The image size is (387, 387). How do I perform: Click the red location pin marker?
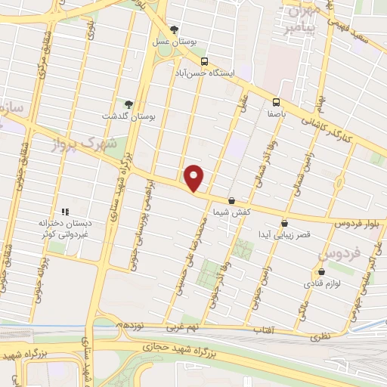pos(194,177)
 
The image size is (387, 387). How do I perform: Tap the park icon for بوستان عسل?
pos(175,30)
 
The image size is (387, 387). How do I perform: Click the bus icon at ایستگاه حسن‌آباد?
pos(204,61)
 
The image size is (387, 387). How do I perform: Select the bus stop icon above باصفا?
pos(276,101)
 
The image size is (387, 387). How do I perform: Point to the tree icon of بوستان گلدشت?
pos(127,105)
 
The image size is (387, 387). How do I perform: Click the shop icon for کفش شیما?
pos(231,201)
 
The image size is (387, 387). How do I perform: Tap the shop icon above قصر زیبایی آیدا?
pos(284,223)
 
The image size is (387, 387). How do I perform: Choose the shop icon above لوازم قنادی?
pos(322,271)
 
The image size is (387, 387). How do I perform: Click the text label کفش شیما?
pos(231,213)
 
